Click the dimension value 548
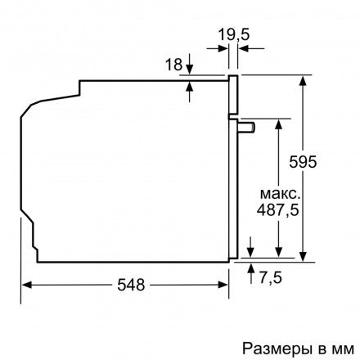pyautogui.click(x=130, y=286)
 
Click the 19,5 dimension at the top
pyautogui.click(x=234, y=35)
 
